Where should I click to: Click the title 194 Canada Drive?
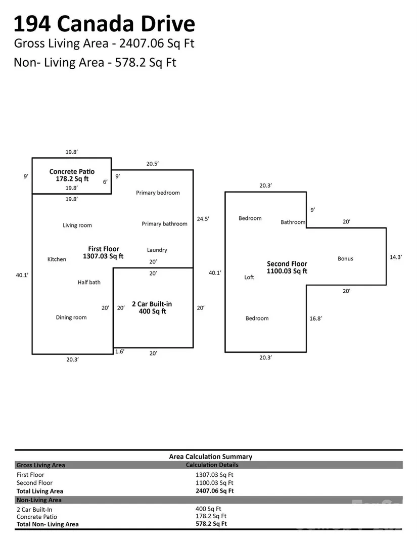tap(104, 24)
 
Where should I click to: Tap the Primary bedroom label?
tap(158, 193)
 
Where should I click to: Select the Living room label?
tap(77, 226)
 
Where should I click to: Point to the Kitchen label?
tap(57, 259)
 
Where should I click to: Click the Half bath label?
tap(89, 282)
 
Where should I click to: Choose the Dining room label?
tap(71, 318)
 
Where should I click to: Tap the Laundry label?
tap(157, 250)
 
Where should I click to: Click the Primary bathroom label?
tap(164, 224)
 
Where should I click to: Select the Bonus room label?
tap(345, 259)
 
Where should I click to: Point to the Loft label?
tap(249, 278)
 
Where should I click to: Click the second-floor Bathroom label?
tap(293, 222)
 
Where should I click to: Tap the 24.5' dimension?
tap(203, 219)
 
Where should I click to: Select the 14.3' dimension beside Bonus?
tap(396, 257)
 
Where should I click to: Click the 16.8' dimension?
tap(316, 319)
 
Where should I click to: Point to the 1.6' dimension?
tap(119, 351)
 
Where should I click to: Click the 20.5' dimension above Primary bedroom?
tap(153, 164)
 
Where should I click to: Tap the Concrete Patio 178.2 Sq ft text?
tap(72, 175)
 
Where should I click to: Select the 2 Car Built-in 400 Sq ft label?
tap(152, 307)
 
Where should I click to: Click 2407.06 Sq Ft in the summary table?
tap(214, 491)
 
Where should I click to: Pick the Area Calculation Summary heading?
tap(210, 457)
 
